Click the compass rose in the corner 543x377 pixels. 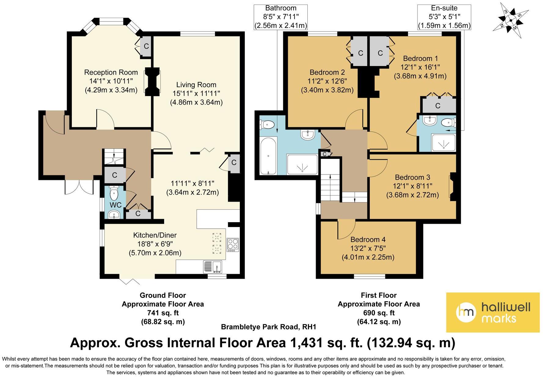(511, 21)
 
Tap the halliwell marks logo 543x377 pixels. (493, 312)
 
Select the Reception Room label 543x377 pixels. (111, 73)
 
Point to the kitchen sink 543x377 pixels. (213, 267)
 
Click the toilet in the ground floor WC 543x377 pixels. (114, 192)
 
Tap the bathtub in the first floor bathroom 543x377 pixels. (268, 156)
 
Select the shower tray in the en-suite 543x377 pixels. (443, 143)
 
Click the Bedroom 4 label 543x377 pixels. (368, 240)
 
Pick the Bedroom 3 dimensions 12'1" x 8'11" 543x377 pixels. (413, 186)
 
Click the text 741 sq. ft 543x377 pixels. (163, 313)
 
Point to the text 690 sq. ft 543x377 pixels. (379, 313)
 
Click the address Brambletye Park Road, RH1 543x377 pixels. (268, 327)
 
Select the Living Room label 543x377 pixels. (196, 85)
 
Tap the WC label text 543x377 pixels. (116, 205)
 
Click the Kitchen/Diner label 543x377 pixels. (155, 235)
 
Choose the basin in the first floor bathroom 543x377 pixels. (308, 135)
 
